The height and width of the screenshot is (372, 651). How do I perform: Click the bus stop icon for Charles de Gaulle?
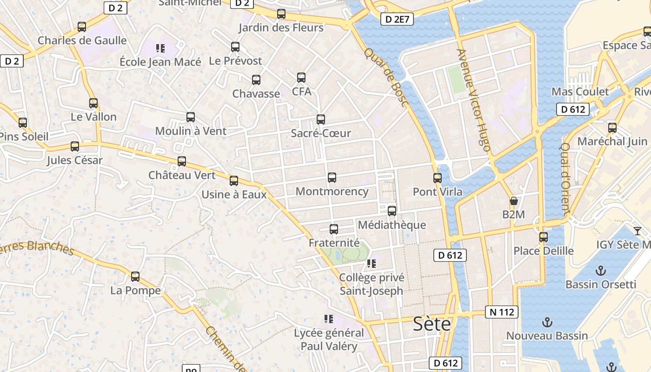click(82, 27)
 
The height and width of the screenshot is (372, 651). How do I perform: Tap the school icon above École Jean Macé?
click(160, 48)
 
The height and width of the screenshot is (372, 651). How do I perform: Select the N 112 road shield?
click(502, 312)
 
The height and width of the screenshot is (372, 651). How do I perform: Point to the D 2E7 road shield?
click(397, 19)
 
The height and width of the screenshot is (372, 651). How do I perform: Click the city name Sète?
click(432, 324)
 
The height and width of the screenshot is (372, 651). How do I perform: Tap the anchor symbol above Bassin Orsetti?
click(601, 271)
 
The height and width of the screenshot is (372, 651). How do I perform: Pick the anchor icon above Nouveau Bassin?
click(547, 322)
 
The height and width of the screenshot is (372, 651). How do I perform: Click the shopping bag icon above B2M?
click(513, 201)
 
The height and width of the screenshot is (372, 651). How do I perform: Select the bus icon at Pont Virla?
click(437, 178)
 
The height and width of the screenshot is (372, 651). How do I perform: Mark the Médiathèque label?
click(392, 225)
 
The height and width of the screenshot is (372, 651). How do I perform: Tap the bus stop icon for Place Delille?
click(543, 237)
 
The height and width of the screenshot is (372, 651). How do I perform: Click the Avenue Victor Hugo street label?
click(474, 100)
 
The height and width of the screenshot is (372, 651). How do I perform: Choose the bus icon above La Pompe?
click(135, 277)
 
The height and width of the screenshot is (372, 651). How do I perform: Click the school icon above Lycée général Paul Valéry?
click(329, 319)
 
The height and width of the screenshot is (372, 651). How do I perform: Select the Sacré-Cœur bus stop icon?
click(320, 120)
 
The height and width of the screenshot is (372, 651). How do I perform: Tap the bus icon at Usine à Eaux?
click(234, 181)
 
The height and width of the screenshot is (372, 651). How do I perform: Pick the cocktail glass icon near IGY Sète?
click(637, 231)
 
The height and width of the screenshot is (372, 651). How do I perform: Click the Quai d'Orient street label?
click(565, 179)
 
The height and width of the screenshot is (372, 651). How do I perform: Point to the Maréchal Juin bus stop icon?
click(612, 128)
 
